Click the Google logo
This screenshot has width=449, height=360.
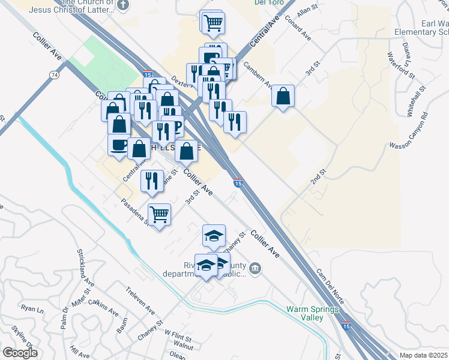pos(20,353)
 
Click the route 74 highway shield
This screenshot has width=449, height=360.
pos(55,74)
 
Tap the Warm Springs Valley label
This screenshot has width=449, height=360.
pos(313,313)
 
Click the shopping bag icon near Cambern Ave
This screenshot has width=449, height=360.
pos(283,96)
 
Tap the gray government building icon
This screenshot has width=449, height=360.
pos(256,267)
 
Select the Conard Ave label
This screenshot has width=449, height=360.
pos(298,28)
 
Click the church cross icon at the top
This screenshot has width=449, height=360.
pos(123,6)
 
